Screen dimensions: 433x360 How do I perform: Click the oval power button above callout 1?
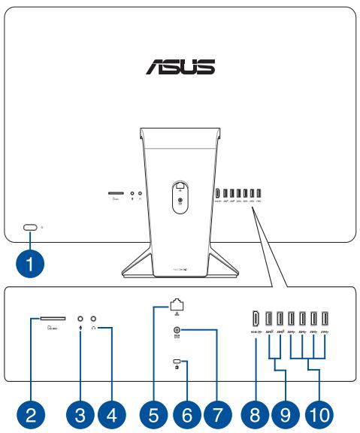coord(30,226)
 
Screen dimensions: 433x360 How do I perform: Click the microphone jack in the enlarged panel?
coord(80,319)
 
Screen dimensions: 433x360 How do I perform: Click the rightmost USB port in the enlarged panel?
coord(325,319)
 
